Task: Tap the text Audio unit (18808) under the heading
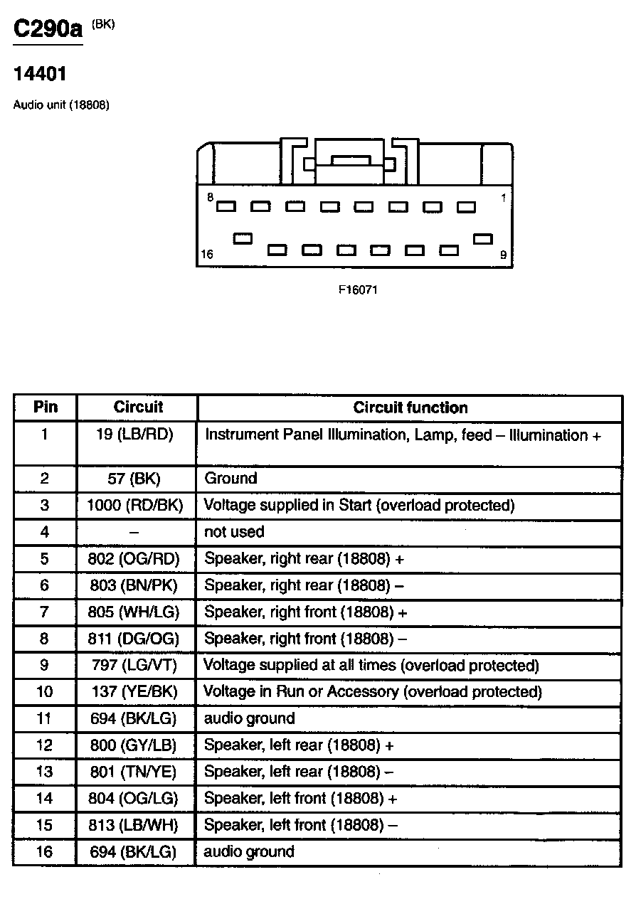(61, 105)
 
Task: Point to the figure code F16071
(357, 290)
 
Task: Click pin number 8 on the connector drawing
(210, 198)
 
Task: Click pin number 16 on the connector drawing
(207, 255)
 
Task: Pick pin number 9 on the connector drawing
(503, 255)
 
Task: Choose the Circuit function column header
(410, 408)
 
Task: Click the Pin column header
(45, 408)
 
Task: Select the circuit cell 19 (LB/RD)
(134, 434)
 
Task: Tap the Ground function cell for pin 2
(230, 478)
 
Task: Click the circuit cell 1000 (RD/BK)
(134, 505)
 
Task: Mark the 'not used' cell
(234, 531)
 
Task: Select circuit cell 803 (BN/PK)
(134, 585)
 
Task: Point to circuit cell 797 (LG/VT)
(134, 665)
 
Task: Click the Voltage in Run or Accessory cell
(373, 691)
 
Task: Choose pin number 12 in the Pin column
(44, 745)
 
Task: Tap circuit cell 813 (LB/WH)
(134, 825)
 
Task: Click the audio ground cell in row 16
(249, 851)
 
